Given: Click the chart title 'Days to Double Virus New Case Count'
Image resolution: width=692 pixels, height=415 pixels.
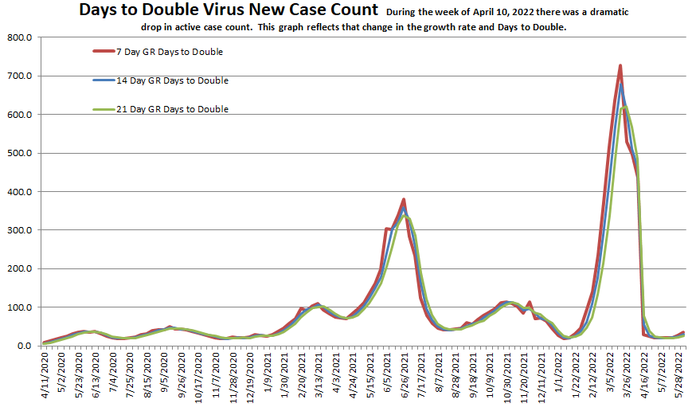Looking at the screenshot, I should click(x=228, y=10).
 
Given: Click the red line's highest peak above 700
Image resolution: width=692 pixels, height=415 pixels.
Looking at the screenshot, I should click(x=620, y=65).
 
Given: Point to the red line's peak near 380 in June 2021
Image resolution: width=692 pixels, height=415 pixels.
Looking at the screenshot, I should click(x=405, y=199).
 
